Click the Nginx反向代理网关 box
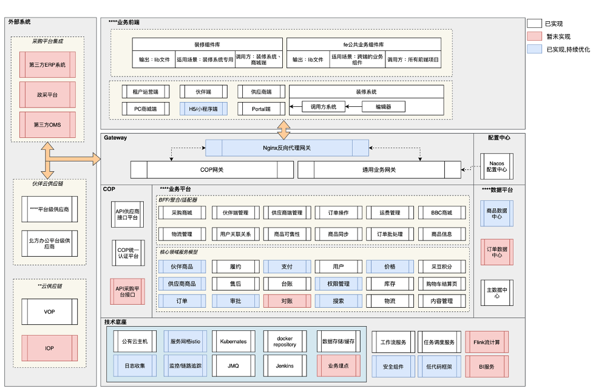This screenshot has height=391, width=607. [287, 148]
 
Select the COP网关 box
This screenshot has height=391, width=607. [212, 169]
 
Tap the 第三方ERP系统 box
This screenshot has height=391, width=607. [47, 64]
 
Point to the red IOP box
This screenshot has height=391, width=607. [49, 348]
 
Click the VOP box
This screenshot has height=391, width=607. [49, 311]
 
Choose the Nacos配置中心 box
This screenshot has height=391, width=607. [497, 166]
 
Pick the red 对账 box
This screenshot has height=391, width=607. [287, 301]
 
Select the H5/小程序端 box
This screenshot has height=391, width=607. [203, 109]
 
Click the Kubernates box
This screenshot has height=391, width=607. [233, 341]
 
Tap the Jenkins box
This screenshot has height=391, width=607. [285, 366]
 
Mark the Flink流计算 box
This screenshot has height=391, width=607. [487, 342]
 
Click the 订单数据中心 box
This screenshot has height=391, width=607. [497, 252]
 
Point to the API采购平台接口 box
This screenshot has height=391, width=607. [127, 291]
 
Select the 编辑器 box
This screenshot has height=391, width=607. [383, 107]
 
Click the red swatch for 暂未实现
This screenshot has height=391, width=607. [534, 36]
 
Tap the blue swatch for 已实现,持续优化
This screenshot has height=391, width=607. [534, 49]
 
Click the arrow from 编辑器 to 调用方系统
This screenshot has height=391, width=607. [353, 106]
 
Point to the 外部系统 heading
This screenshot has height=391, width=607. [19, 22]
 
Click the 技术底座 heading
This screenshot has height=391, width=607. [115, 322]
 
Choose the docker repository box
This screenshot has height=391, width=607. [285, 341]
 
